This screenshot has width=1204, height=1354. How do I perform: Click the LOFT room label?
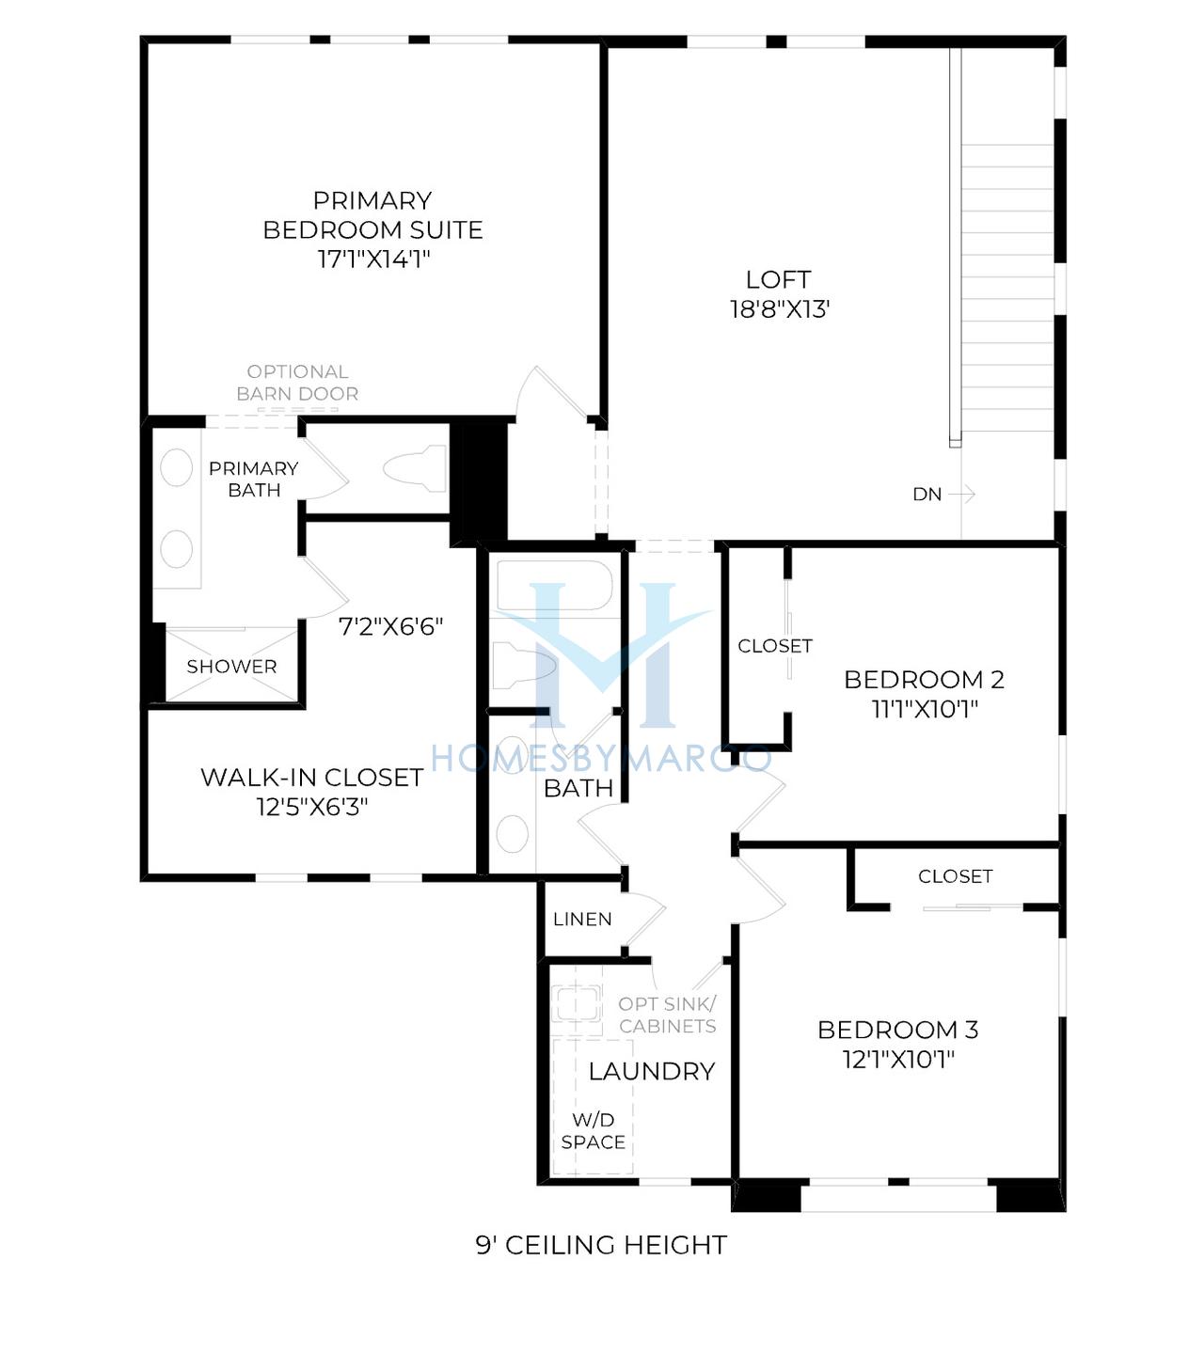tap(779, 279)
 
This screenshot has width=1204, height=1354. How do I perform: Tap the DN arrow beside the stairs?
tap(962, 494)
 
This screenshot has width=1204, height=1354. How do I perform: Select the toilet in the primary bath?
tap(415, 468)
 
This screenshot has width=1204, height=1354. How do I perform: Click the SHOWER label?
tap(231, 667)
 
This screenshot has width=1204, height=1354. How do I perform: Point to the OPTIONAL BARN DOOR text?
tap(297, 383)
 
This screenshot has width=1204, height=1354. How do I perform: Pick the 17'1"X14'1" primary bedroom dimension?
tap(373, 259)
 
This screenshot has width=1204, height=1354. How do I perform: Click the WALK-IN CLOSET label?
tap(312, 778)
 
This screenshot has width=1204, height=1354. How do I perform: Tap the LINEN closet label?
tap(582, 919)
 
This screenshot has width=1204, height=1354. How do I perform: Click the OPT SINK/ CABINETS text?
tap(667, 1015)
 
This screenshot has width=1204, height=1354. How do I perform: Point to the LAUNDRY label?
tap(652, 1071)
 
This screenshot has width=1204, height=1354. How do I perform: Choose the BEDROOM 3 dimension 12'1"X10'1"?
tap(898, 1060)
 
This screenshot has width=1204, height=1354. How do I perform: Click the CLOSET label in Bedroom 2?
tap(775, 646)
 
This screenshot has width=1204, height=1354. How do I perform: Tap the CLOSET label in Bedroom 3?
tap(956, 876)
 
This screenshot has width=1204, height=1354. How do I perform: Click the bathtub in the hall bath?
tap(554, 586)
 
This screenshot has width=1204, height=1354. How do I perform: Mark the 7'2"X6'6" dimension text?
tap(391, 627)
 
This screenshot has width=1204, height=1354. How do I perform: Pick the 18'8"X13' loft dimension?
tap(780, 309)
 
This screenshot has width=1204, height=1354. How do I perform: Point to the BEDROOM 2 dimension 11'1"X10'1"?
tap(925, 709)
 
